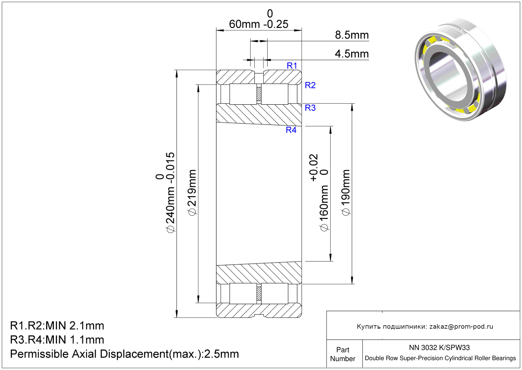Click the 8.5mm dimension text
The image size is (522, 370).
[352, 35]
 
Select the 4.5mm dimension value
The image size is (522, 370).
[352, 54]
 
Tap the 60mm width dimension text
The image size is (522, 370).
[244, 24]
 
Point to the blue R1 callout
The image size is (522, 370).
[292, 66]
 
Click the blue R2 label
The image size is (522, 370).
[310, 85]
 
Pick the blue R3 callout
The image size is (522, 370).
[310, 108]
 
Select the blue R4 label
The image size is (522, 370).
[291, 130]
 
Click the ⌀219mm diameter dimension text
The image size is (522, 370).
[192, 193]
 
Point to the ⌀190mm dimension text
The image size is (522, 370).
[346, 193]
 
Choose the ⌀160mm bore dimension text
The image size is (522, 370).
[324, 208]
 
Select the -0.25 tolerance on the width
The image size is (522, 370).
[276, 24]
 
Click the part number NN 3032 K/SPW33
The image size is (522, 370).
[439, 347]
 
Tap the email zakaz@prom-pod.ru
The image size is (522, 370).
[461, 326]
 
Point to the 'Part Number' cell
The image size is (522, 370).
[343, 354]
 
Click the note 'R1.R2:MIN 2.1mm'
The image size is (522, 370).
[57, 326]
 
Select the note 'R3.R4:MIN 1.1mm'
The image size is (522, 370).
[57, 340]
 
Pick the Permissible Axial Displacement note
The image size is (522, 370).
[124, 354]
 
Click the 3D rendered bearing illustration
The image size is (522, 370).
[460, 70]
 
